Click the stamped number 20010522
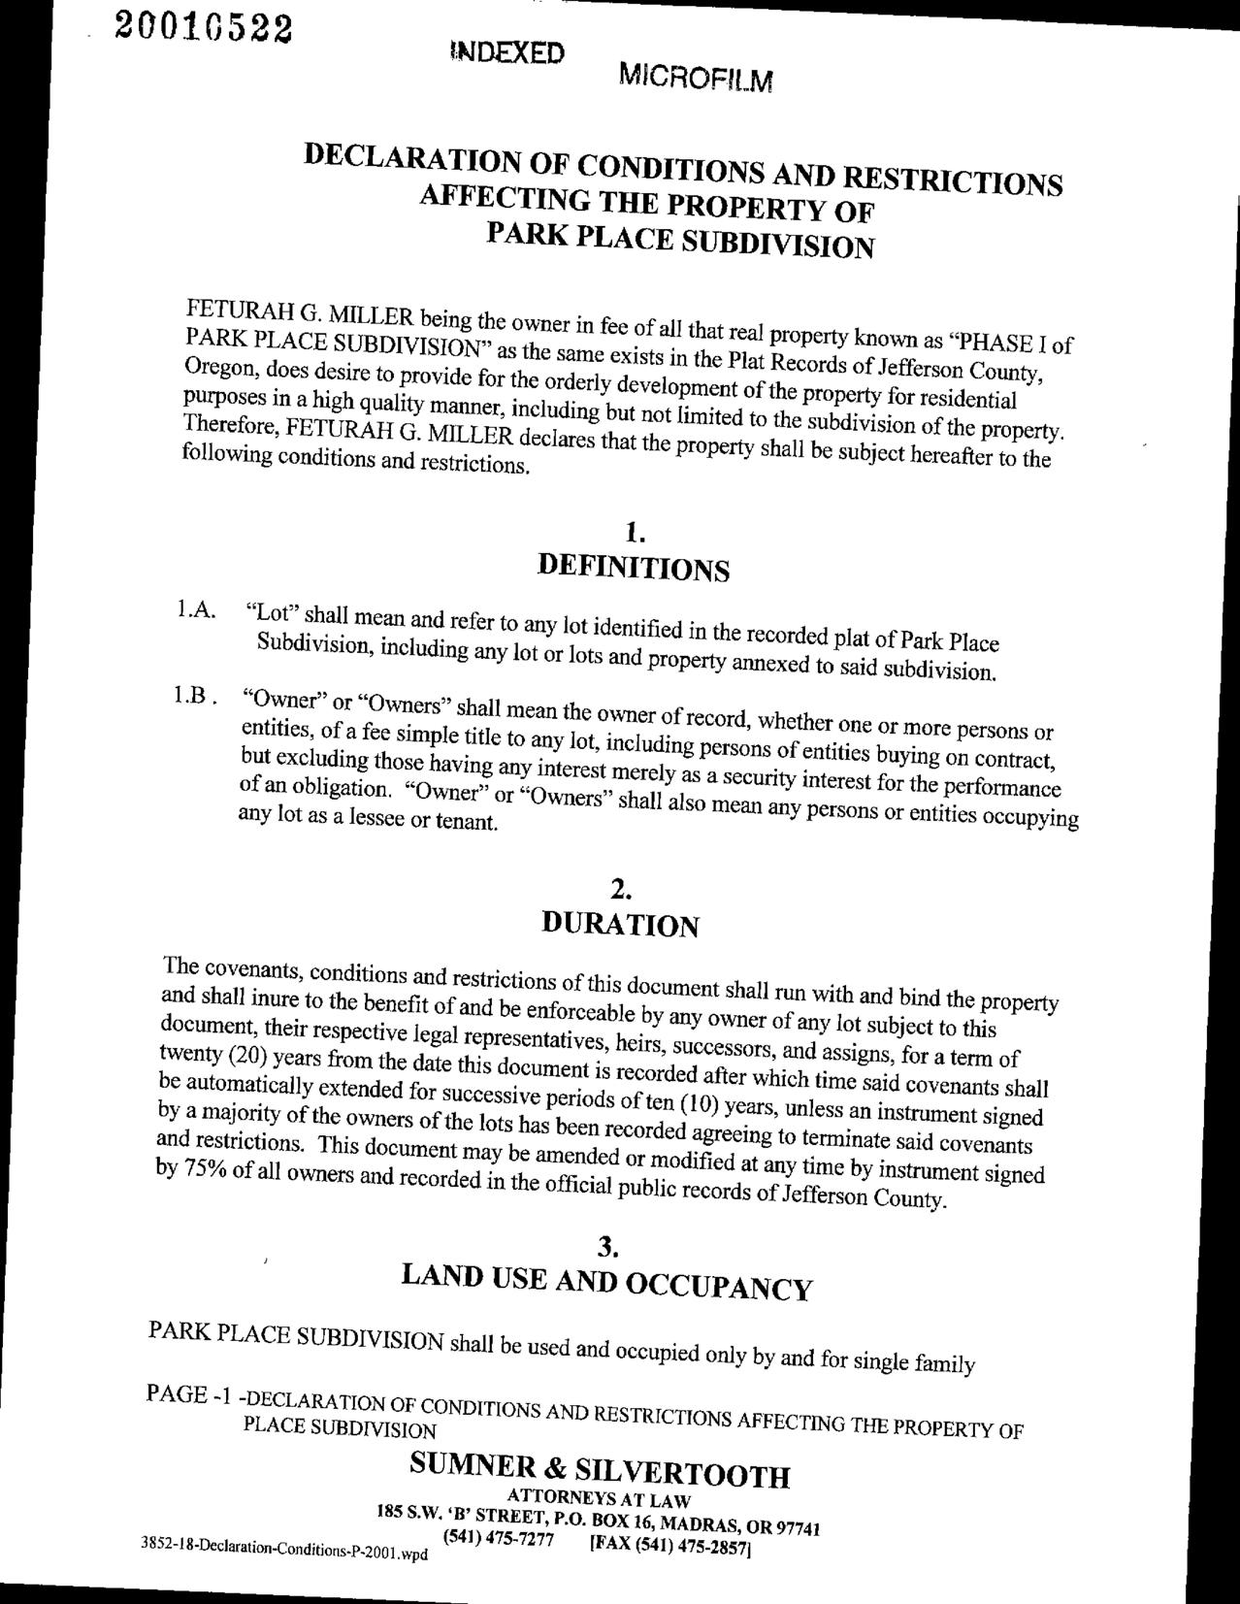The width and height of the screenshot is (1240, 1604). point(204,26)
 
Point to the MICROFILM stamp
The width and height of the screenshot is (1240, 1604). point(695,77)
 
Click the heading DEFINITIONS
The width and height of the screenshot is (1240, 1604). point(633,568)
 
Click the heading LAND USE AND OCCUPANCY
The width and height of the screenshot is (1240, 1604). point(606,1283)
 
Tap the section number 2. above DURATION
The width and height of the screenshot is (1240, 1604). point(622,889)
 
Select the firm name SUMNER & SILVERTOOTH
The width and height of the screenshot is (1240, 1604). point(600,1469)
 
